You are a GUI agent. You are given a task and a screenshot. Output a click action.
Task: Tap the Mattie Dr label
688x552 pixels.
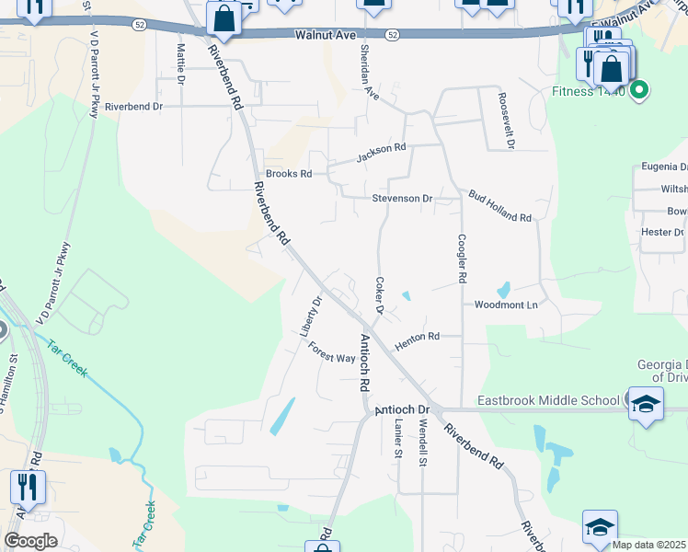click(180, 63)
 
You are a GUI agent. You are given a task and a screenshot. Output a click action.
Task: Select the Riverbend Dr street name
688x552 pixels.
click(133, 107)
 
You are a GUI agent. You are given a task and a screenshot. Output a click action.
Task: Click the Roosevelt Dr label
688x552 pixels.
click(505, 120)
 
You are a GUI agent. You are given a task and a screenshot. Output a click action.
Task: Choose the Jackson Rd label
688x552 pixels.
click(381, 152)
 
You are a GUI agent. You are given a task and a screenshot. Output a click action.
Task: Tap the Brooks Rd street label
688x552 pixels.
click(289, 173)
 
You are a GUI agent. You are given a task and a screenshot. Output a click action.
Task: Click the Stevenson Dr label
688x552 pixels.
click(402, 198)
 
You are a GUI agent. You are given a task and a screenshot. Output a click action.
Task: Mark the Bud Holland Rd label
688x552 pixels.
click(499, 206)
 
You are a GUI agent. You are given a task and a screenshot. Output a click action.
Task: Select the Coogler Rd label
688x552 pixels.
click(462, 258)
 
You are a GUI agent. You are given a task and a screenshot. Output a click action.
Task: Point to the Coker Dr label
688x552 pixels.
click(378, 294)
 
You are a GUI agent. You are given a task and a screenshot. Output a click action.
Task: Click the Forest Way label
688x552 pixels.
click(331, 352)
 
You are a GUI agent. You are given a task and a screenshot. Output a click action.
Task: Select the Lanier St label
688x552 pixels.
click(397, 440)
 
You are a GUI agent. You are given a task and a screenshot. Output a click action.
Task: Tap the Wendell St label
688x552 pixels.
click(422, 443)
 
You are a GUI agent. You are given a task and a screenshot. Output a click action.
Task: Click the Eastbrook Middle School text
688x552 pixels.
click(548, 400)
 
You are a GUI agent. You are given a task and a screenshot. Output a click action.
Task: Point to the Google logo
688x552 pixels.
click(30, 541)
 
